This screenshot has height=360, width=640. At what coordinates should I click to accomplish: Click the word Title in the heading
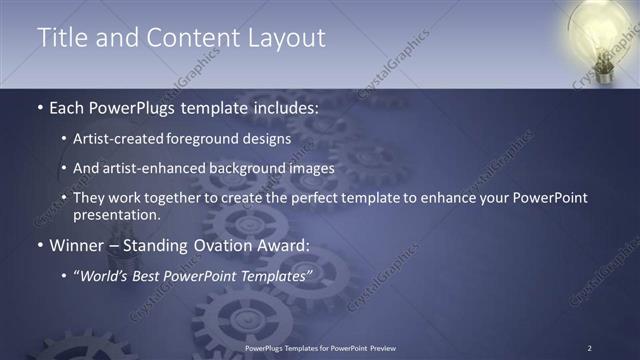coord(62,37)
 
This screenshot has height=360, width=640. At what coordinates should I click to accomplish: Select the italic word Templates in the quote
coord(275,275)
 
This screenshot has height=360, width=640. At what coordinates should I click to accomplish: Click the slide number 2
coord(589,347)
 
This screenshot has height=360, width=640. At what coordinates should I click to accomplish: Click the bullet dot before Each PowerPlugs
coord(39,107)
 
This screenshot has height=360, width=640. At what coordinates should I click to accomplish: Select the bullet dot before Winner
coord(39,244)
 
